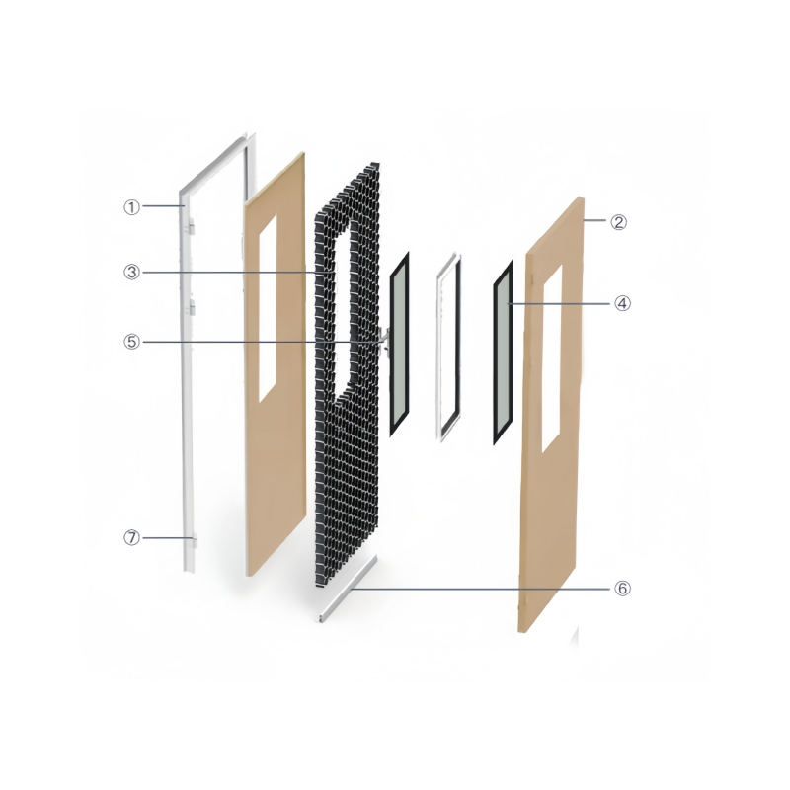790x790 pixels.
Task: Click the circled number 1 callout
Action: [132, 207]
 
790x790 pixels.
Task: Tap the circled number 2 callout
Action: [619, 221]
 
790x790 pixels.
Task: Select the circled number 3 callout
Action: [132, 273]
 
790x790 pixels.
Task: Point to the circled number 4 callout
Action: [623, 303]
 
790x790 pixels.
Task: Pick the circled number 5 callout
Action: [132, 342]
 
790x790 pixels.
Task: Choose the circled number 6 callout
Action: [623, 588]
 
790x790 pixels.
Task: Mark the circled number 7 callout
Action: [132, 538]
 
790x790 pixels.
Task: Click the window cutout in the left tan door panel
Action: [268, 308]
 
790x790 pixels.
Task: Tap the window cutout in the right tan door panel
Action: [552, 358]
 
